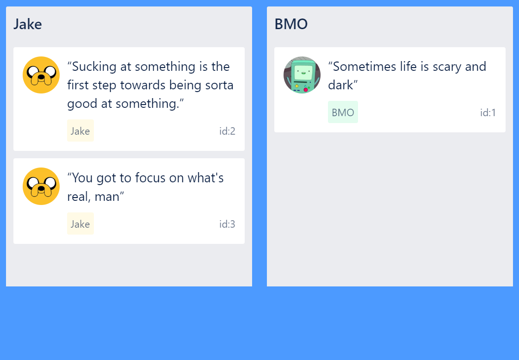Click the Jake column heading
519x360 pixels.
coord(27,24)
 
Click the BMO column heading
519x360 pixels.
coord(291,24)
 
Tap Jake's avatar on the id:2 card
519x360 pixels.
coord(41,75)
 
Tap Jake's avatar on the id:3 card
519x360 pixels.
coord(41,186)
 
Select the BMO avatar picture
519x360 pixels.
coord(302,75)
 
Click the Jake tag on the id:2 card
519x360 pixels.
coord(80,131)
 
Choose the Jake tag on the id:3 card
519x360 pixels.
coord(80,224)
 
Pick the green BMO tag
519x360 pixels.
coord(343,112)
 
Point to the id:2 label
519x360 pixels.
coord(227,131)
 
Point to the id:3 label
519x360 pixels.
coord(227,224)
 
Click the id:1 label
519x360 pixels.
coord(488,112)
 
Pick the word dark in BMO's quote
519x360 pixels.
coord(340,85)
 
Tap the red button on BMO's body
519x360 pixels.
coord(306,90)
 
